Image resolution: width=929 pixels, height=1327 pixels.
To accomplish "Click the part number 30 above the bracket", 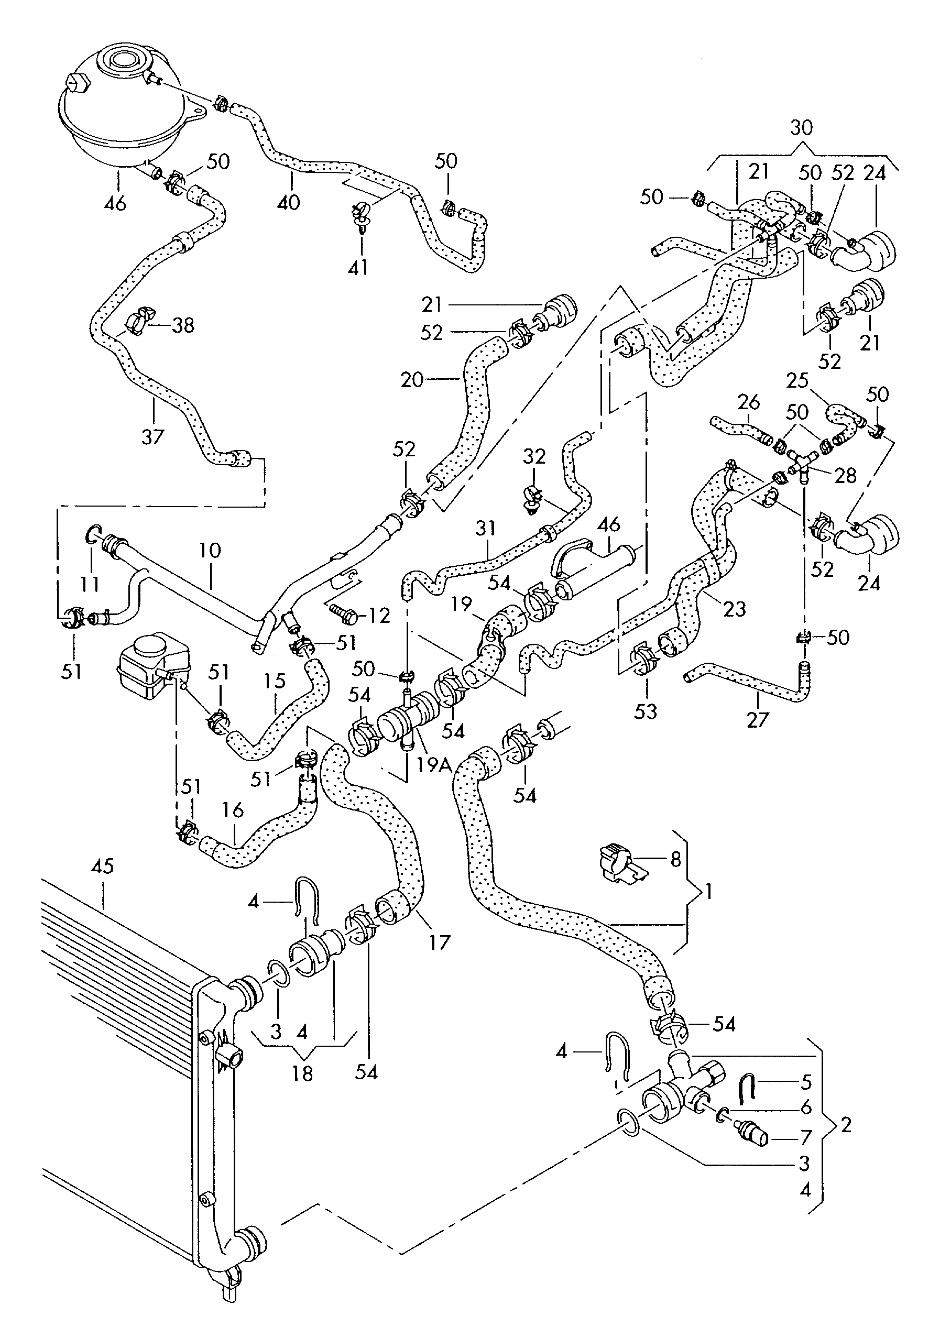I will [x=801, y=128].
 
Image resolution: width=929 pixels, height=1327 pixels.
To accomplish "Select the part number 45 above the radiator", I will [x=102, y=883].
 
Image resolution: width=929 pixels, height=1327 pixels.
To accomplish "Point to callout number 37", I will [x=152, y=436].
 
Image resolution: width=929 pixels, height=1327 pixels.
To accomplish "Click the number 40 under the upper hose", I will [x=289, y=202].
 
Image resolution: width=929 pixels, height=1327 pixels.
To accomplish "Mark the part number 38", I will [x=183, y=325].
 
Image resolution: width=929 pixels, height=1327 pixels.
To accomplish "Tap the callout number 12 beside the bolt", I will [x=379, y=616].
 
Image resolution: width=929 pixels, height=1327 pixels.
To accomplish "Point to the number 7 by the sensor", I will [x=805, y=1137].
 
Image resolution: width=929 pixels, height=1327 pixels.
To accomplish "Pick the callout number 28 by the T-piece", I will [x=845, y=475].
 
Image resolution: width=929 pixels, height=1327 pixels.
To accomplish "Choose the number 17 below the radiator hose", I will [x=440, y=943].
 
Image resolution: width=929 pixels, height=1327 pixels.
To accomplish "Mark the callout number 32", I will [x=533, y=457].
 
